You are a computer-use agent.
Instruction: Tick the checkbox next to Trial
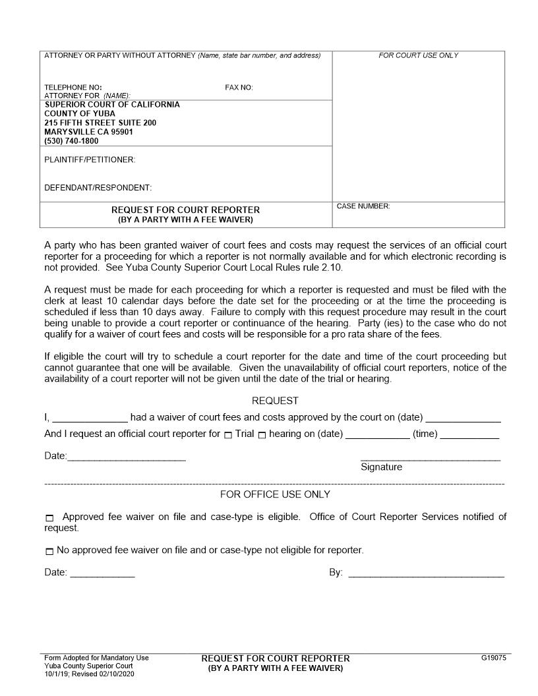click(x=228, y=435)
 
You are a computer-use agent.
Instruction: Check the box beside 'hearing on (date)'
click(x=262, y=435)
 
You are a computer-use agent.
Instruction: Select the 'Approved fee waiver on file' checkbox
click(x=49, y=518)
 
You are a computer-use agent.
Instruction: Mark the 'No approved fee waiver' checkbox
click(x=49, y=551)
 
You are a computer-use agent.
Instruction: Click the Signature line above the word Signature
click(x=430, y=458)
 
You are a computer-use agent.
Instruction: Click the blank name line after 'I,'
click(x=90, y=419)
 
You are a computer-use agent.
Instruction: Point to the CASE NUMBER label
click(x=363, y=206)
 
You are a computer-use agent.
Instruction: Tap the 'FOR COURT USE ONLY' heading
click(x=418, y=55)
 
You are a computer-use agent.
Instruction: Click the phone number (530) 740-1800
click(x=71, y=141)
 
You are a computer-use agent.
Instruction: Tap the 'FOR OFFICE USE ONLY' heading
click(x=275, y=494)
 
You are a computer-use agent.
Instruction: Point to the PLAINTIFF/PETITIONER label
click(x=90, y=159)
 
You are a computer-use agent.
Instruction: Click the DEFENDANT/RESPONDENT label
click(x=98, y=188)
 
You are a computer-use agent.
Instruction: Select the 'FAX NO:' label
click(x=239, y=88)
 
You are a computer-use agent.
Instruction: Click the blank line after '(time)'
click(x=469, y=436)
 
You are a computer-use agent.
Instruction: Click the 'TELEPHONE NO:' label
click(x=73, y=88)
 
